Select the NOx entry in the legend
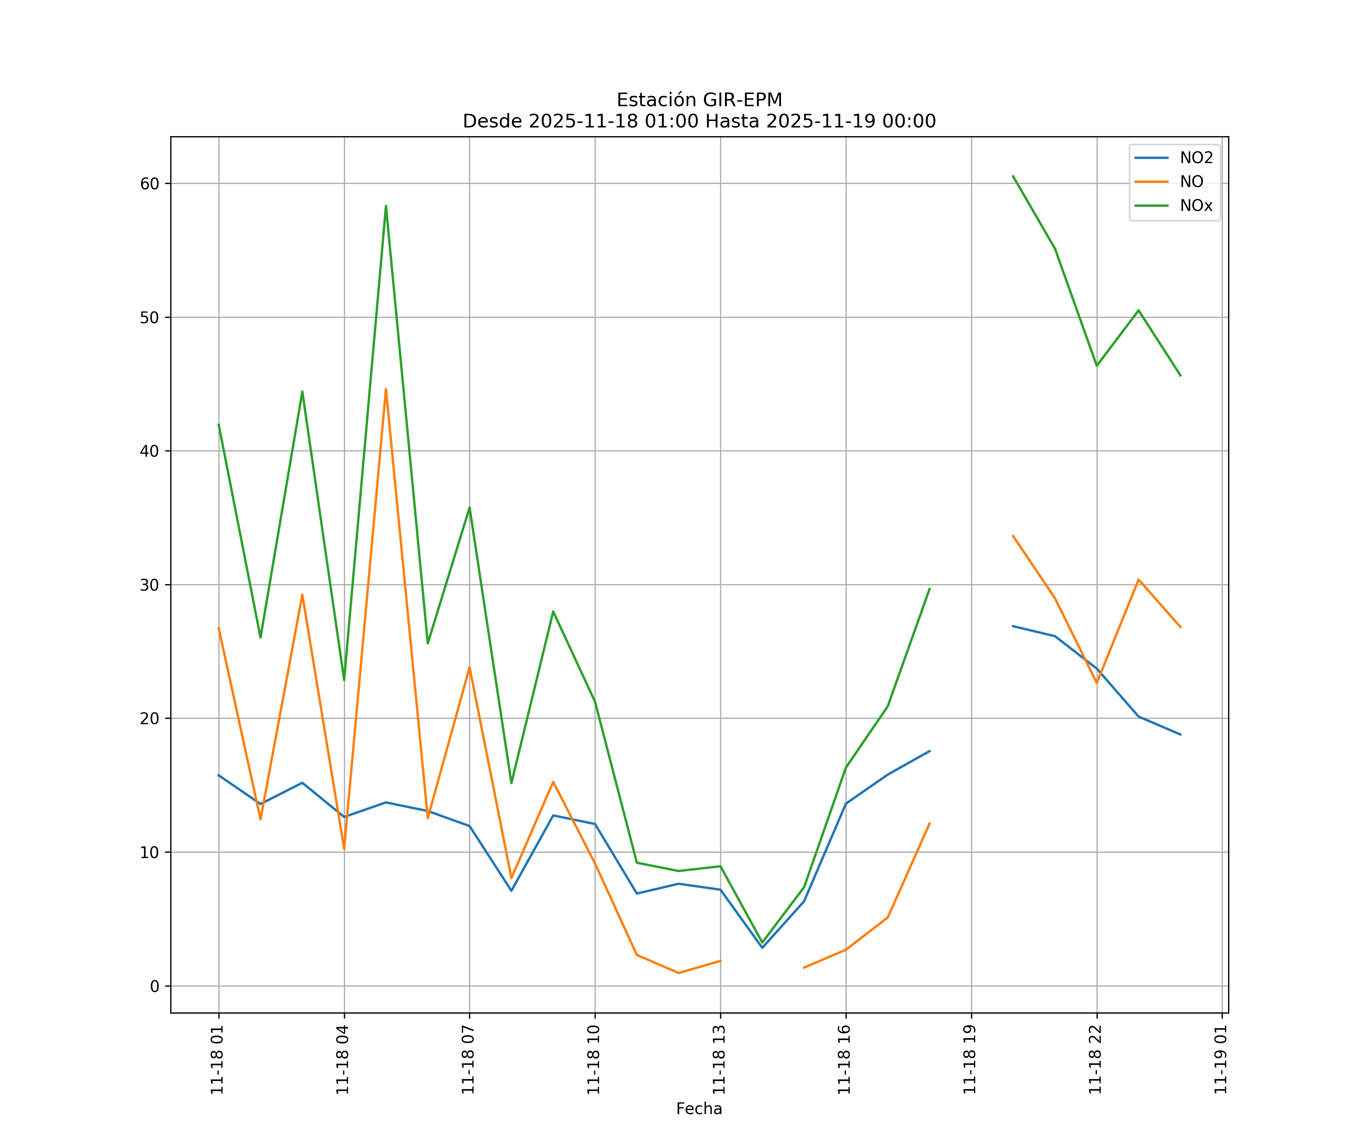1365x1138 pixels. (1196, 206)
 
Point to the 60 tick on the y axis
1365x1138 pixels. (149, 183)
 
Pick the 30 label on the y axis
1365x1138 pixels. (149, 585)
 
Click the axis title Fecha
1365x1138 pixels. (699, 1109)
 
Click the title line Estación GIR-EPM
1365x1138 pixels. (699, 100)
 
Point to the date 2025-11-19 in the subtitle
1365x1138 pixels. (818, 122)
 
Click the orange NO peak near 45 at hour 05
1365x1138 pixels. (386, 390)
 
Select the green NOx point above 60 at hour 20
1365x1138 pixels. (1013, 176)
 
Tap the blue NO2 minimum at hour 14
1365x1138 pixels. (762, 948)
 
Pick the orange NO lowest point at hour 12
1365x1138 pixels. (679, 973)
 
